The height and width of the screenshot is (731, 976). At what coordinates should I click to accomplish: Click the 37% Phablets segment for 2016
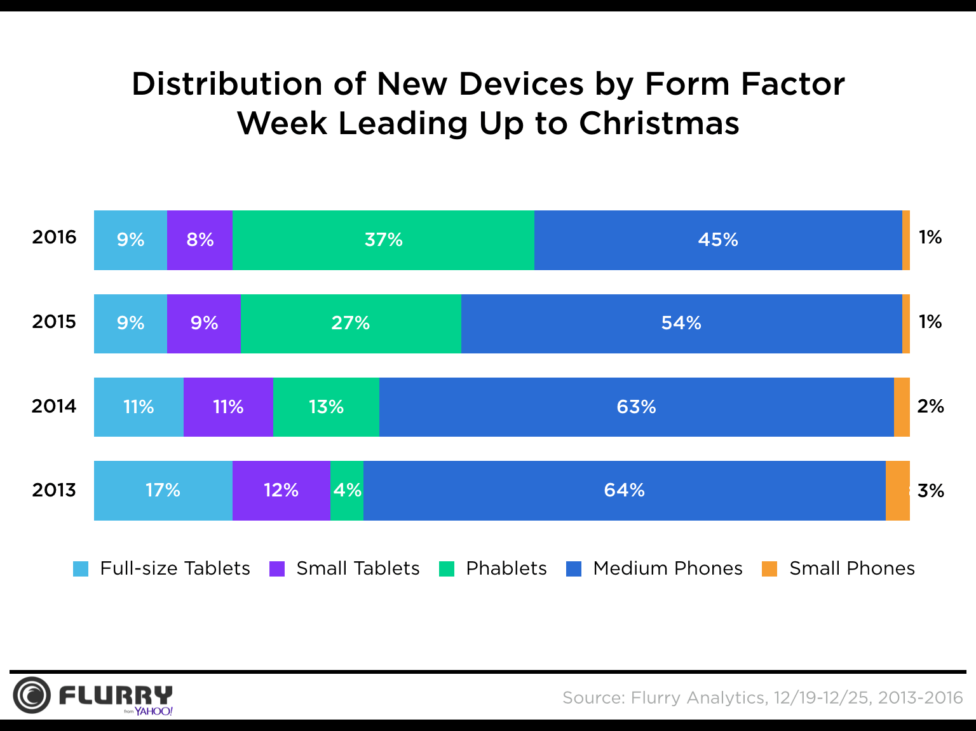pos(383,240)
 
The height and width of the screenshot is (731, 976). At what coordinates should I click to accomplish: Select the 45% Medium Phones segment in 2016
pos(718,240)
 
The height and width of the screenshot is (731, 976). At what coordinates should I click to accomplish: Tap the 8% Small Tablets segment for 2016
pos(200,240)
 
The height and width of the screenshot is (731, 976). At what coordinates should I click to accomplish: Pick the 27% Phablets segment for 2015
pos(351,324)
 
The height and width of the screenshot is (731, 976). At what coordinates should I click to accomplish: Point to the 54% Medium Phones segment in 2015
pos(681,324)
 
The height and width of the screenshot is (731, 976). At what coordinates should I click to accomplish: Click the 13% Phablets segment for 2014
pos(326,407)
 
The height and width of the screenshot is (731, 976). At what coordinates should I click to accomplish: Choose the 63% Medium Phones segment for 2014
pos(636,407)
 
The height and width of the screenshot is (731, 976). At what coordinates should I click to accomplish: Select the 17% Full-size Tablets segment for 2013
pos(163,490)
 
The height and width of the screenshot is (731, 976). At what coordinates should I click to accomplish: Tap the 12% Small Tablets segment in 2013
pos(281,490)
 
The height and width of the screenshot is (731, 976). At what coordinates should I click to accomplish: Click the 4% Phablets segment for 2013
pos(347,490)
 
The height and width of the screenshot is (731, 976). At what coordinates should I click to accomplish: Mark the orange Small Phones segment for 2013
pos(897,490)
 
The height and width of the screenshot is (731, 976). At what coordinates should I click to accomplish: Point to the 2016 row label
pos(54,238)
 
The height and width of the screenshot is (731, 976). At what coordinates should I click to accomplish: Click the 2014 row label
pos(54,406)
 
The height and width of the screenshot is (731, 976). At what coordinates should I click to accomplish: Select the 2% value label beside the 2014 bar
pos(930,406)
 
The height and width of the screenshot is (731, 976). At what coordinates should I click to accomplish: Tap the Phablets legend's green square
pos(447,568)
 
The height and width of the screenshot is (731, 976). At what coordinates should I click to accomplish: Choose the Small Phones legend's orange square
pos(769,568)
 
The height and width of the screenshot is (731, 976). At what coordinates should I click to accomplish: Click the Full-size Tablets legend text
pos(175,568)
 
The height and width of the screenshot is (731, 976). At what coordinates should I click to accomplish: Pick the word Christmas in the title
pos(659,123)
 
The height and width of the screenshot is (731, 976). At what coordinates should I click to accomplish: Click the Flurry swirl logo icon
pos(31,695)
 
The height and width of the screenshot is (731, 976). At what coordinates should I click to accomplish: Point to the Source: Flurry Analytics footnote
pos(762,698)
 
